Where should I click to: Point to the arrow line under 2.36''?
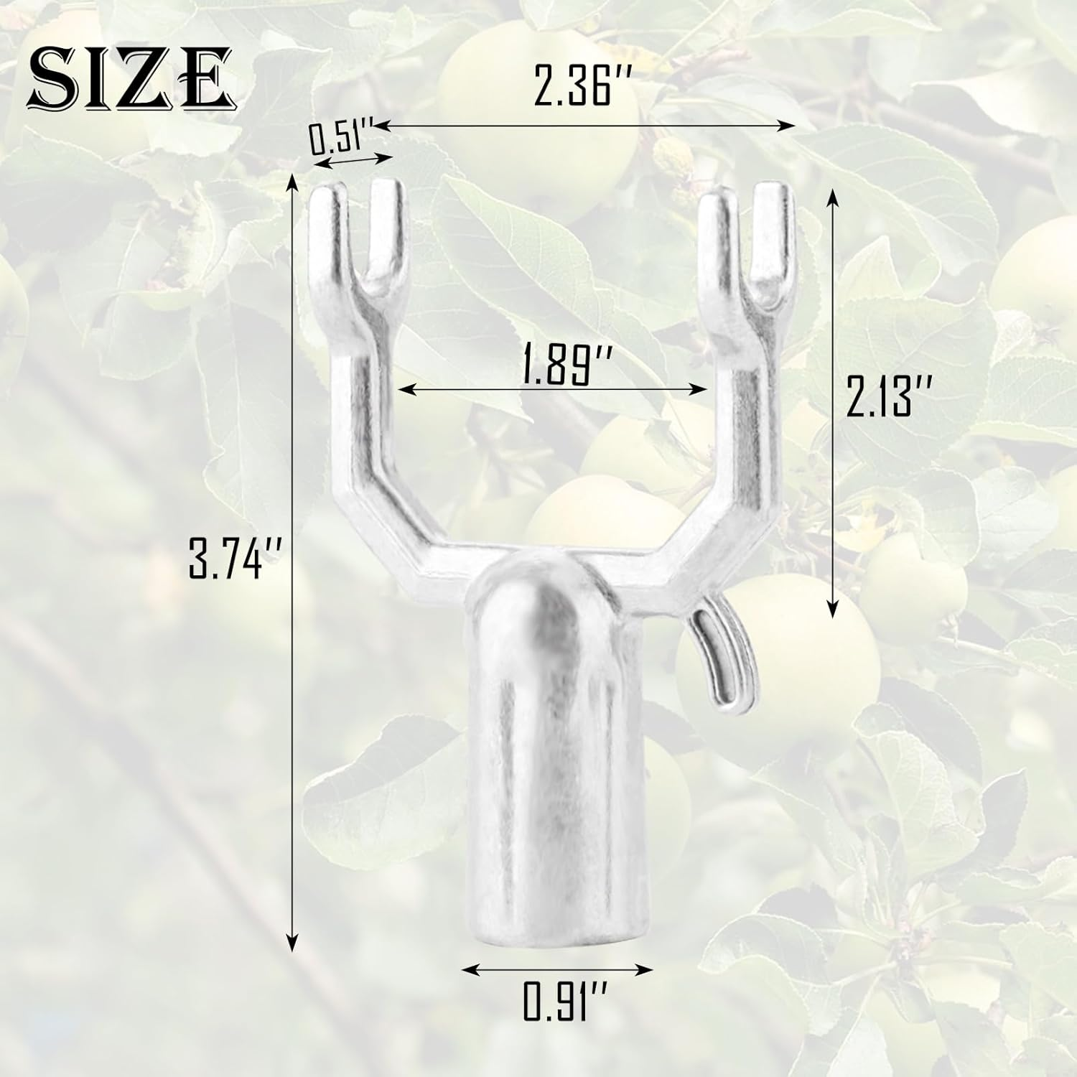click(585, 126)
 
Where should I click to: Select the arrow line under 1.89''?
click(552, 389)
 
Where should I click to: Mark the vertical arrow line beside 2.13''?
click(832, 402)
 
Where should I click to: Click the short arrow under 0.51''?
click(352, 160)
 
